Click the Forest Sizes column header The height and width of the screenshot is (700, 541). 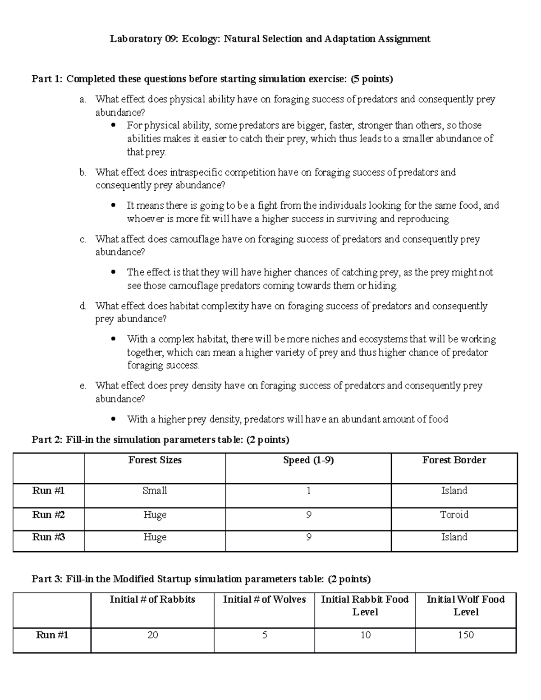coord(155,460)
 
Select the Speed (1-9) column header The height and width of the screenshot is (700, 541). coord(308,460)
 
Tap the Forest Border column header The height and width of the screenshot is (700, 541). coord(454,460)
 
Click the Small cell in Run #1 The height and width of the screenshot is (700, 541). coord(155,490)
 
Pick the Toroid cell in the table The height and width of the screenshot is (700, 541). coord(454,515)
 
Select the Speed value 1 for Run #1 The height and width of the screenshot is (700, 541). coord(308,490)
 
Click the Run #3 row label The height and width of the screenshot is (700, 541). coord(48,537)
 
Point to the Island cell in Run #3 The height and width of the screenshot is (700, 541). coord(454,537)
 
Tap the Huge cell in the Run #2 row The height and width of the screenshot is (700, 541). coord(155,515)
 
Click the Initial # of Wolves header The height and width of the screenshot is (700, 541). coord(264,599)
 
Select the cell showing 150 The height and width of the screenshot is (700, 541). coord(465,635)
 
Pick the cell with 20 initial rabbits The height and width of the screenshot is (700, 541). coord(152,635)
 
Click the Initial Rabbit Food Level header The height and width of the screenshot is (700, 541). coord(365,605)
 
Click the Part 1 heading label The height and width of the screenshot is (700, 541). coord(47,79)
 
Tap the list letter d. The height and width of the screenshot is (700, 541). coord(83,307)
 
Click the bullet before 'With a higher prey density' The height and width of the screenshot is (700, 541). coord(113,419)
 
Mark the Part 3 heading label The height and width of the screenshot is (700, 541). coord(47,579)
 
